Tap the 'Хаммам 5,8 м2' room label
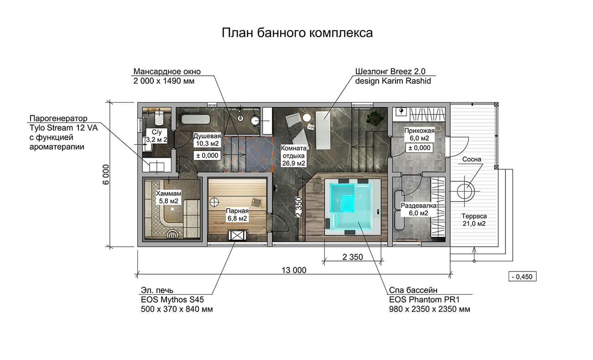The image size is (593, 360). pyautogui.click(x=169, y=197)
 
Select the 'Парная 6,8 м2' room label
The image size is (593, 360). pyautogui.click(x=237, y=214)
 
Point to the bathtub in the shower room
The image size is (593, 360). pyautogui.click(x=196, y=119)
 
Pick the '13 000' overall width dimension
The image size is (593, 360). pyautogui.click(x=294, y=270)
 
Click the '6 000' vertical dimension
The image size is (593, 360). pyautogui.click(x=106, y=175)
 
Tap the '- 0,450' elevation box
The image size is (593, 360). pyautogui.click(x=522, y=277)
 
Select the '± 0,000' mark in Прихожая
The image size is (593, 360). pyautogui.click(x=419, y=148)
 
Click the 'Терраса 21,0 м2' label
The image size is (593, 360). pyautogui.click(x=474, y=220)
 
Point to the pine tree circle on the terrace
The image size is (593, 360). pyautogui.click(x=466, y=191)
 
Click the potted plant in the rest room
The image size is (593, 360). pyautogui.click(x=375, y=118)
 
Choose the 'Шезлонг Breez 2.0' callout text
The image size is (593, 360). pyautogui.click(x=390, y=72)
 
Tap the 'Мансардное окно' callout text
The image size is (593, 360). pyautogui.click(x=167, y=72)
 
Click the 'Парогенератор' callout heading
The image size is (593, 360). pyautogui.click(x=58, y=118)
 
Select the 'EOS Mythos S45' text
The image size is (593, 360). pyautogui.click(x=172, y=300)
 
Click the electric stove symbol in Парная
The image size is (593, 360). pyautogui.click(x=237, y=235)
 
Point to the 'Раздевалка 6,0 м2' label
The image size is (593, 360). pyautogui.click(x=419, y=209)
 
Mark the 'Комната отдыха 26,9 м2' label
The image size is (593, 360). pyautogui.click(x=294, y=156)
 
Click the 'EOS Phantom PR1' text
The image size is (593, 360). pyautogui.click(x=424, y=300)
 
